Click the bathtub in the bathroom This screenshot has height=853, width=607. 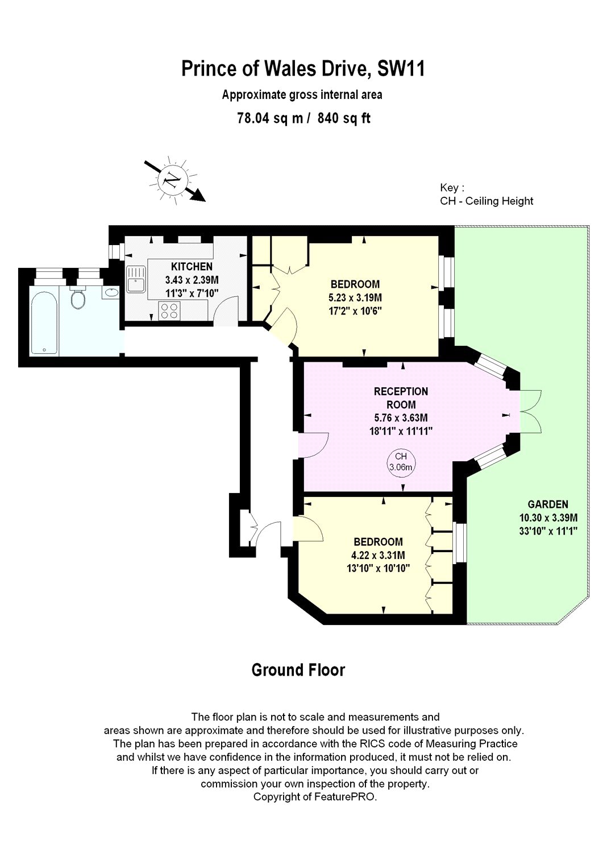click(x=44, y=323)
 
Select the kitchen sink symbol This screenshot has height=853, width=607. click(x=136, y=279)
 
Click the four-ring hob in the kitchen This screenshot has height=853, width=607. click(x=169, y=310)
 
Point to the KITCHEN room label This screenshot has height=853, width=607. click(x=192, y=266)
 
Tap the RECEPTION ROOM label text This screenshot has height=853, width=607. click(x=401, y=398)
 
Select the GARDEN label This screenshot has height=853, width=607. click(x=547, y=504)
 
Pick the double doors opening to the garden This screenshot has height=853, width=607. click(x=531, y=411)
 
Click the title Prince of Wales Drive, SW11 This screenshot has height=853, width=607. click(x=303, y=69)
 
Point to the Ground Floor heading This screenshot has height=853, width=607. click(x=298, y=670)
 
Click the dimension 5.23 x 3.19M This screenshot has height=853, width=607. click(x=355, y=297)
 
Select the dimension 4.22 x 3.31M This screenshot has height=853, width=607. click(x=378, y=555)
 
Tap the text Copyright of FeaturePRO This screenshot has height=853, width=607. click(x=315, y=797)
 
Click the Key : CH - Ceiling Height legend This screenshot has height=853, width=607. click(x=486, y=194)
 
